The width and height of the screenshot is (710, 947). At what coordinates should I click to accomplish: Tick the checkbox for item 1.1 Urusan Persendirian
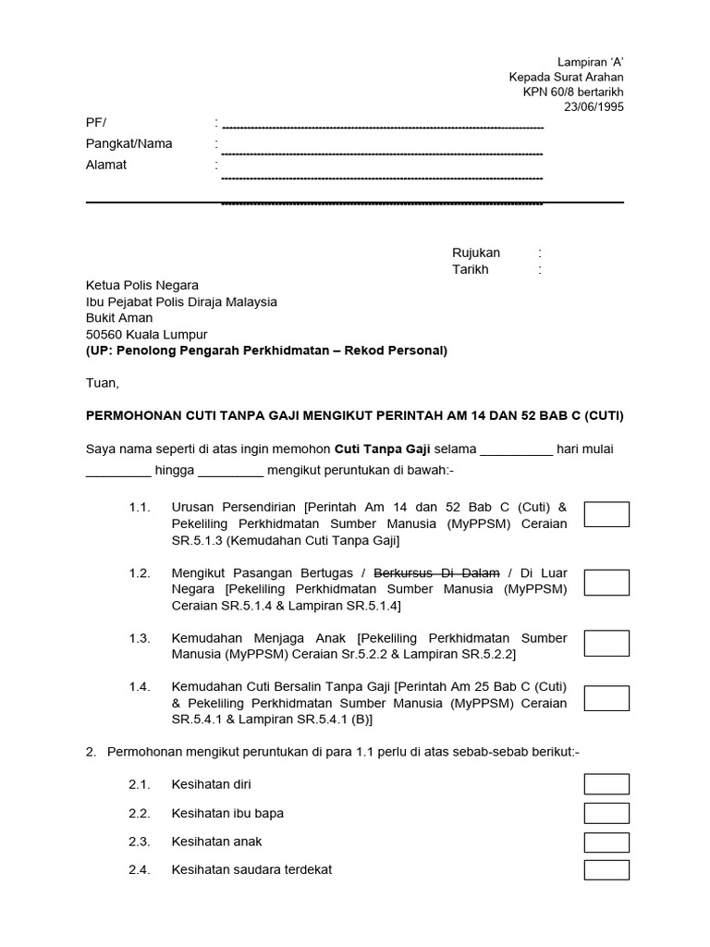(x=606, y=514)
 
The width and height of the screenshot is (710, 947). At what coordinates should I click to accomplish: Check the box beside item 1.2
(x=606, y=583)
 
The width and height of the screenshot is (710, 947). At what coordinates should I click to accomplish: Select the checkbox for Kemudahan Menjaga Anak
(x=606, y=644)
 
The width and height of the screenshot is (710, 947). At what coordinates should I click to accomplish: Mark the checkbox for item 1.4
(x=606, y=698)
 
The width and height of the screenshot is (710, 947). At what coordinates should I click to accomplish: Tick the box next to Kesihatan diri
(x=606, y=784)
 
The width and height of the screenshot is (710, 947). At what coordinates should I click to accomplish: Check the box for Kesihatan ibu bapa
(x=606, y=813)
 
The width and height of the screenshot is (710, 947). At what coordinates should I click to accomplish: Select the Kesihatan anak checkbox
(x=606, y=842)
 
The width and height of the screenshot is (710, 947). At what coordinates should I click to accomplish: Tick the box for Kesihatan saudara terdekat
(x=606, y=869)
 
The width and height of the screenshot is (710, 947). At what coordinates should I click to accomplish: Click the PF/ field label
(x=96, y=122)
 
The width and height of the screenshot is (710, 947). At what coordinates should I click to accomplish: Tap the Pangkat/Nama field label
(x=129, y=143)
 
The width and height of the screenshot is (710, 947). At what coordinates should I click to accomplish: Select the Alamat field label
(x=106, y=165)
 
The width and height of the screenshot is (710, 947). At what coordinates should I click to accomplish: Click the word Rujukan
(x=476, y=252)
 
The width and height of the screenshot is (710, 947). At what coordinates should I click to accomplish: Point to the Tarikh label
(x=471, y=269)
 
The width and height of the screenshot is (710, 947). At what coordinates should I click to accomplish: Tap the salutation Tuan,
(x=103, y=382)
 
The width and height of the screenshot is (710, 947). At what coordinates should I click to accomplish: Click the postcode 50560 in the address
(x=104, y=334)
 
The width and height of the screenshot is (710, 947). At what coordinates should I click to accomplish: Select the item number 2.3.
(x=140, y=842)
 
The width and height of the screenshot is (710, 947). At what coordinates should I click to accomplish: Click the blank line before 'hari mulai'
(x=517, y=450)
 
